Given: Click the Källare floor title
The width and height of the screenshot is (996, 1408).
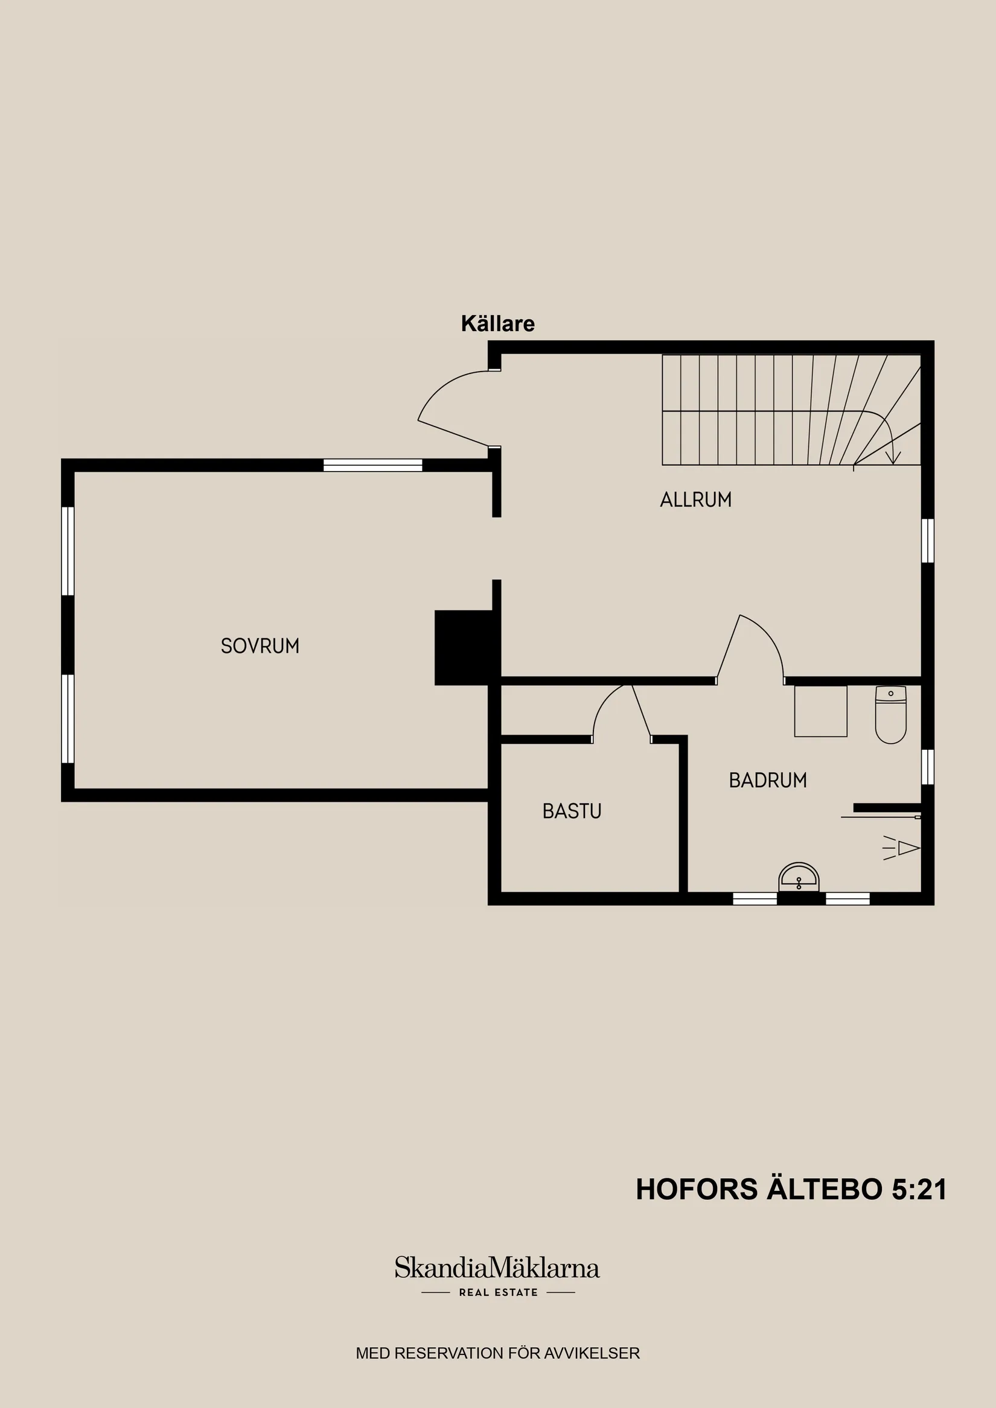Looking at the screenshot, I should point(497,323).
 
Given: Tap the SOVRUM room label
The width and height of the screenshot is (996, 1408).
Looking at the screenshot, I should point(260,645).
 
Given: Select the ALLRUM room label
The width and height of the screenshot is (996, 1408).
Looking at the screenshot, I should point(695,499).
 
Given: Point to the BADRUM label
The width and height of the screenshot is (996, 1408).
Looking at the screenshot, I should point(767,780).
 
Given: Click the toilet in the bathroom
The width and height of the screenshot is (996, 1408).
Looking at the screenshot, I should point(890,715).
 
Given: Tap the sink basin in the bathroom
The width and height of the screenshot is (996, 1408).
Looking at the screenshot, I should point(799,878).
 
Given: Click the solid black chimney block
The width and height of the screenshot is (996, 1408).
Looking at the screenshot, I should point(464,647).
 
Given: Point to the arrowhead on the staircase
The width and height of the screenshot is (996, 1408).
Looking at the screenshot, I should point(893,457).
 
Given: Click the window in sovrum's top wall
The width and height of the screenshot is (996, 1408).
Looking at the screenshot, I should point(372,465).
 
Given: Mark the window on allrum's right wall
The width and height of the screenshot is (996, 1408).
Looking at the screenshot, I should point(927,541).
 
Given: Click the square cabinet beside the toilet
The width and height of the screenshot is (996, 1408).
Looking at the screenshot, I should point(820,711).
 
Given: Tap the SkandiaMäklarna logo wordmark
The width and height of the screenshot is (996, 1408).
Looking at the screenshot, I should point(496,1268).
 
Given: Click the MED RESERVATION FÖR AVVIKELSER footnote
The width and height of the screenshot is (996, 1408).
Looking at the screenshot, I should point(497,1353).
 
